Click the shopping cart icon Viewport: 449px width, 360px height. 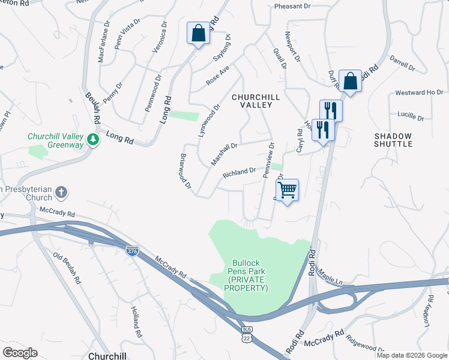(x=288, y=190)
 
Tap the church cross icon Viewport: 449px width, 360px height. (x=61, y=193)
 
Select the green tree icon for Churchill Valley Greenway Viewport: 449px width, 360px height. (x=92, y=140)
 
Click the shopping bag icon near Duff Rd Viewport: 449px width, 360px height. (x=349, y=81)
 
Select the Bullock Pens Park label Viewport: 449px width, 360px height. (x=246, y=275)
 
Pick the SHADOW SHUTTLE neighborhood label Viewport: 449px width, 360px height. (x=393, y=140)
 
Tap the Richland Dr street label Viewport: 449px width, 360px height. (x=240, y=173)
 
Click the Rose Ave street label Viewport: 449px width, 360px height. (x=218, y=76)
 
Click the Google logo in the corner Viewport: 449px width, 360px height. (x=20, y=352)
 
